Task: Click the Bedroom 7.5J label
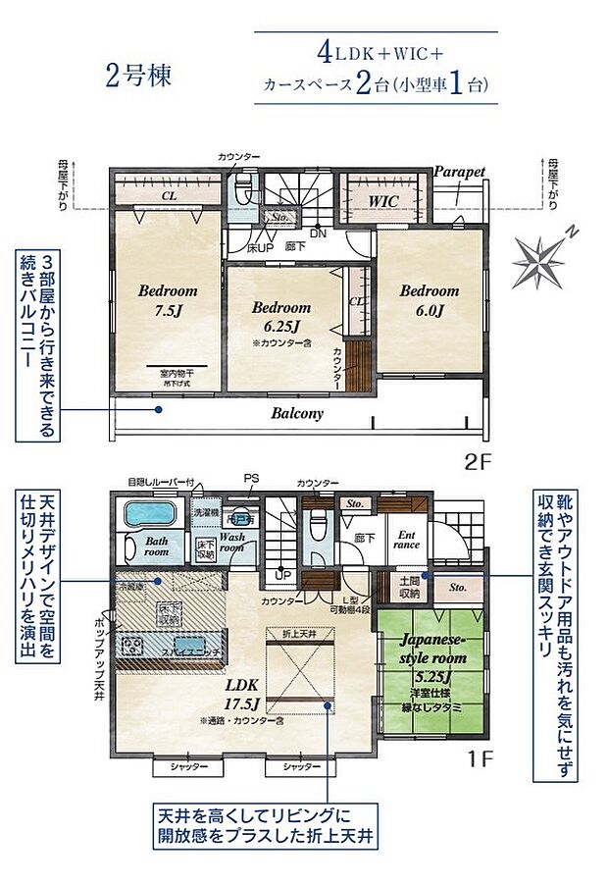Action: point(167,300)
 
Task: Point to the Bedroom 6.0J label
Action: point(429,300)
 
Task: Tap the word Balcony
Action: point(297,413)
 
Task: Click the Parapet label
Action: point(459,171)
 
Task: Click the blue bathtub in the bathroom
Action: point(148,514)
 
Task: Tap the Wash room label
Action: point(231,543)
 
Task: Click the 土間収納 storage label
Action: point(409,588)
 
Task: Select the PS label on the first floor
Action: point(252,479)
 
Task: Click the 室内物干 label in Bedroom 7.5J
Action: point(177,373)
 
